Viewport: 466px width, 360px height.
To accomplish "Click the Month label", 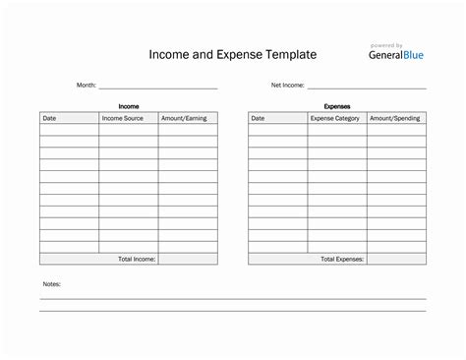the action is (x=87, y=86).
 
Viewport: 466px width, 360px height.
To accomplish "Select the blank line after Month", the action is (x=157, y=88).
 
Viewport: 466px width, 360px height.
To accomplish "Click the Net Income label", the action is (x=287, y=86).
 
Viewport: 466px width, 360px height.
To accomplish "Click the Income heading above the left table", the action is (x=129, y=105).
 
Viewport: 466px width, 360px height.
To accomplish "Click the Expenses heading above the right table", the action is (x=337, y=105).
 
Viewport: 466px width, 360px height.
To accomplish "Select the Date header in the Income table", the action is (x=49, y=118).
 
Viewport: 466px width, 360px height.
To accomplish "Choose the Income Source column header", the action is (x=122, y=118).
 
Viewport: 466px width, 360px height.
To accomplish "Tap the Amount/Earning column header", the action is (x=184, y=118).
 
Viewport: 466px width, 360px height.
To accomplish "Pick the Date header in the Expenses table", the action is (x=258, y=118).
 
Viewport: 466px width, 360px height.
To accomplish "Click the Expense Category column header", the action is (x=336, y=118).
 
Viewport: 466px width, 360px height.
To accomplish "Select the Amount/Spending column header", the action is (x=395, y=118).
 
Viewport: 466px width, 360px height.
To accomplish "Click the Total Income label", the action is (x=137, y=259).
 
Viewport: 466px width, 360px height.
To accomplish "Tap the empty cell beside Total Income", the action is (x=188, y=259).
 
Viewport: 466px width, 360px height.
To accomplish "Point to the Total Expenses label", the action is (x=342, y=259).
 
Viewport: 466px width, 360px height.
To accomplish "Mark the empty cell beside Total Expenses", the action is (x=396, y=259).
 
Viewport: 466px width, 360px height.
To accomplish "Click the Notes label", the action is (x=52, y=284).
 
